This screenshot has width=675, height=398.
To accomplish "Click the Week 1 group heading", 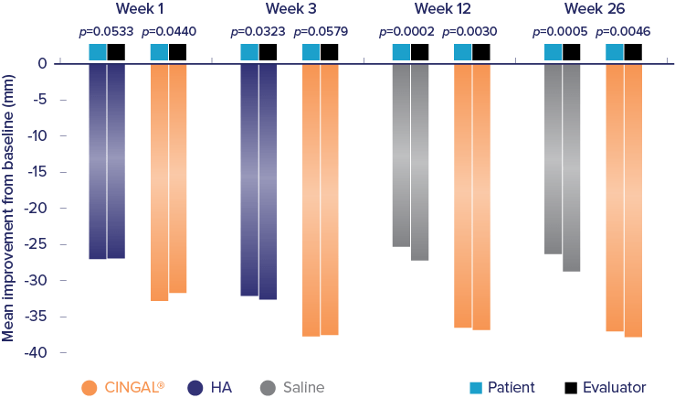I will click(x=137, y=9).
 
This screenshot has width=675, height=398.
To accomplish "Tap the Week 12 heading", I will click(x=441, y=9).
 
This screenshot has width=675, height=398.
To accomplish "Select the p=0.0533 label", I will click(x=106, y=32).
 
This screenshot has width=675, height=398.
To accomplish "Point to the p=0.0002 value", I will click(x=407, y=32).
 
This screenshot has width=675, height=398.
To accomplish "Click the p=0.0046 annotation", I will click(x=623, y=32).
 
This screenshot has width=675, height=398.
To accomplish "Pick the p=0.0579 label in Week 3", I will click(x=320, y=32).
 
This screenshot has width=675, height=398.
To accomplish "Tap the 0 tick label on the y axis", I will click(x=42, y=63).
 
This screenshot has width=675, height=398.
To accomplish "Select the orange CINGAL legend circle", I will click(x=89, y=388).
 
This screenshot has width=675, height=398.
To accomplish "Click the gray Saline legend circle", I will click(x=268, y=388).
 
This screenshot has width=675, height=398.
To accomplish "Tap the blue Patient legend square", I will click(x=474, y=388).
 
